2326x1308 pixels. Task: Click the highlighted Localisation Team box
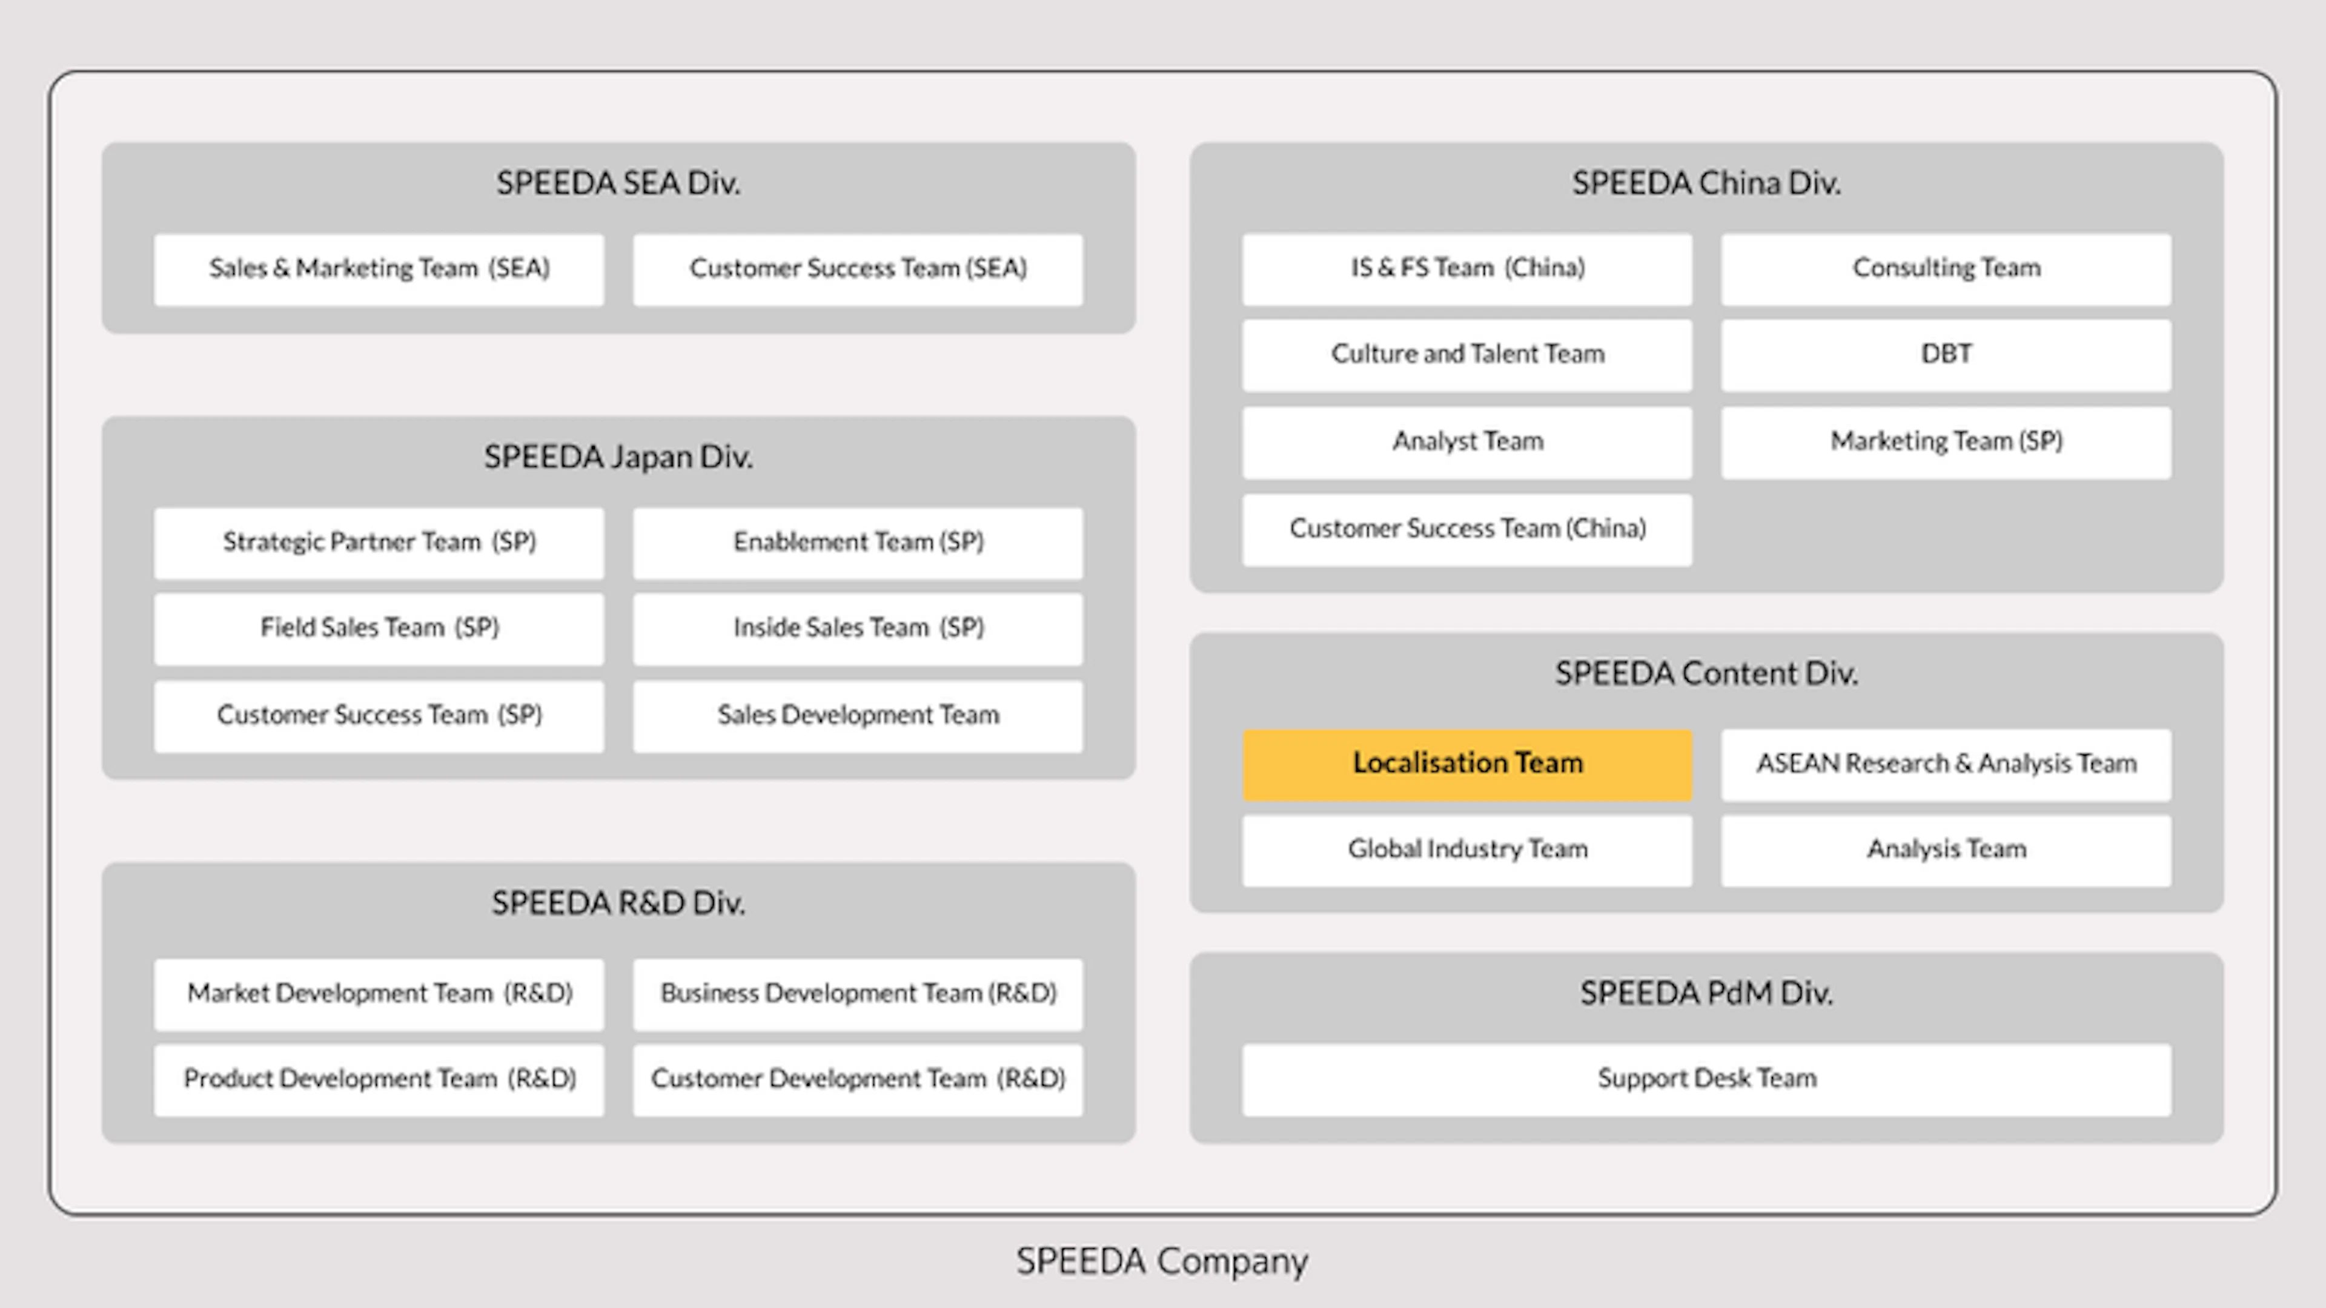click(1467, 765)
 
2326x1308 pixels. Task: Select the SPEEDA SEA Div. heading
click(618, 183)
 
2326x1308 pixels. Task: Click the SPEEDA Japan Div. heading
click(618, 457)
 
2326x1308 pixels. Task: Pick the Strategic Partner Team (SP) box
click(379, 543)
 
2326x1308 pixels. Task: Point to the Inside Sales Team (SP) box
click(858, 629)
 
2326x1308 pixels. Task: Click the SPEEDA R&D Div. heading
click(618, 903)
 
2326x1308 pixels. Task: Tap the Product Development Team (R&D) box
click(379, 1080)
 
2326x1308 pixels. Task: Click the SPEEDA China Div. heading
click(1706, 183)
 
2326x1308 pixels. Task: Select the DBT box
click(1946, 355)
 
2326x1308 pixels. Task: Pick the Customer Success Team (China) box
click(1467, 530)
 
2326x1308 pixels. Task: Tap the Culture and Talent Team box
click(1467, 355)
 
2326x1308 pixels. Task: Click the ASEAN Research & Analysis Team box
click(1946, 765)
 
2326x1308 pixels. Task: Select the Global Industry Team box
click(1467, 850)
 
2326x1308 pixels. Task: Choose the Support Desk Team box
click(1706, 1080)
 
